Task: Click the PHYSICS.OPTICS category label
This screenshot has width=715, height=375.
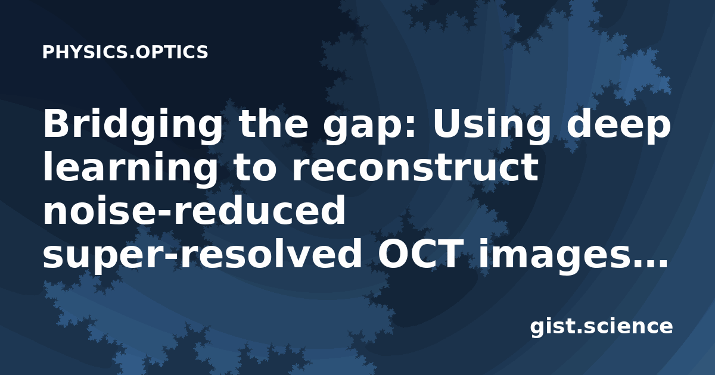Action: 125,52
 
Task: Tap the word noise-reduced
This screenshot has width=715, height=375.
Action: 194,210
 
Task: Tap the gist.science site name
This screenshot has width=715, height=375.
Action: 601,327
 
